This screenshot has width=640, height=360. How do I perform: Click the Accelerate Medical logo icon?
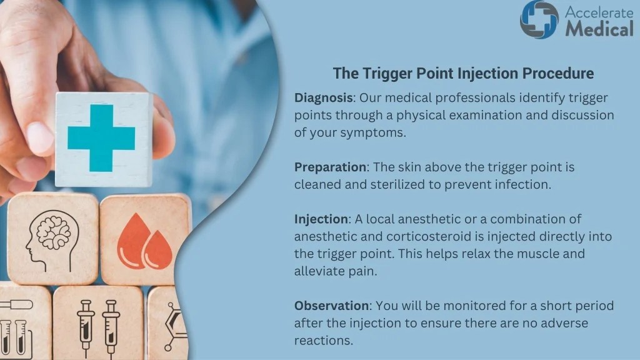coord(539,19)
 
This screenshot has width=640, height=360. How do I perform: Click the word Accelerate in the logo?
coord(599,11)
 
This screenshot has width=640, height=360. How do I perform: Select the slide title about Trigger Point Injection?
coord(463,73)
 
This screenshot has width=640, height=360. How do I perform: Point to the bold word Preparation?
coord(330,167)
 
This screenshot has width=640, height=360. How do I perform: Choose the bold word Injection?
coord(321,219)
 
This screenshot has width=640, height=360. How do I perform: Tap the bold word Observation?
coord(331,306)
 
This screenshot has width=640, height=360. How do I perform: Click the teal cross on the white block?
coord(101,137)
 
